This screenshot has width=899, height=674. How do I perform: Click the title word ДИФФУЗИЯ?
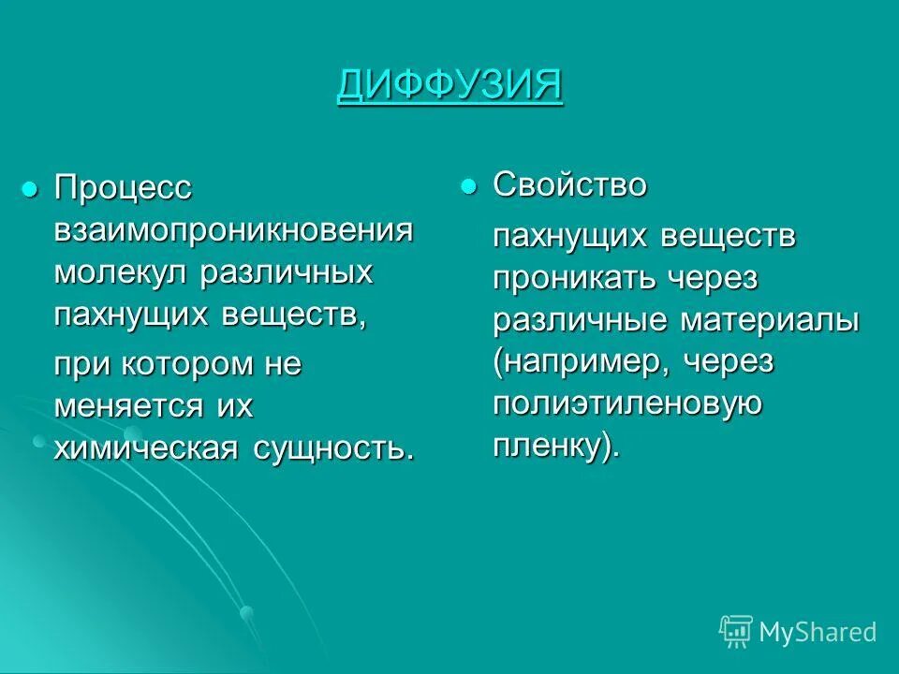(x=449, y=87)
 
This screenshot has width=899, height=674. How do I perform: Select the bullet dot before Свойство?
(x=468, y=185)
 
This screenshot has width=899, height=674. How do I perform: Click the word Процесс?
(x=123, y=188)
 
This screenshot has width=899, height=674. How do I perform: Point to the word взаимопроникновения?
(x=233, y=231)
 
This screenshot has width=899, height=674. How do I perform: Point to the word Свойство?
(x=570, y=185)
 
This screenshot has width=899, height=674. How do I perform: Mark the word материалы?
(x=769, y=320)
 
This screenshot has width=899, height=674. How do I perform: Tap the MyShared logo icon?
(x=735, y=631)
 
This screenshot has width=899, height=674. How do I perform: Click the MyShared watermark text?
(x=818, y=633)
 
